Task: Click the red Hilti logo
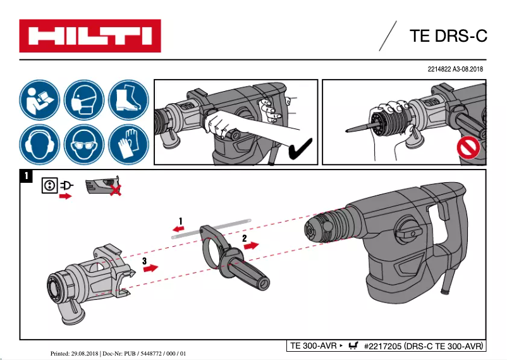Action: pos(90,36)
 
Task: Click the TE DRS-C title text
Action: pos(448,36)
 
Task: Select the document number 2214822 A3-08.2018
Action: pos(455,68)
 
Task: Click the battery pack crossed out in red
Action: pos(104,185)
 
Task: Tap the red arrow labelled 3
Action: pos(150,268)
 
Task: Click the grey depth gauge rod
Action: pos(209,227)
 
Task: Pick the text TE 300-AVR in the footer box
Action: pos(312,346)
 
